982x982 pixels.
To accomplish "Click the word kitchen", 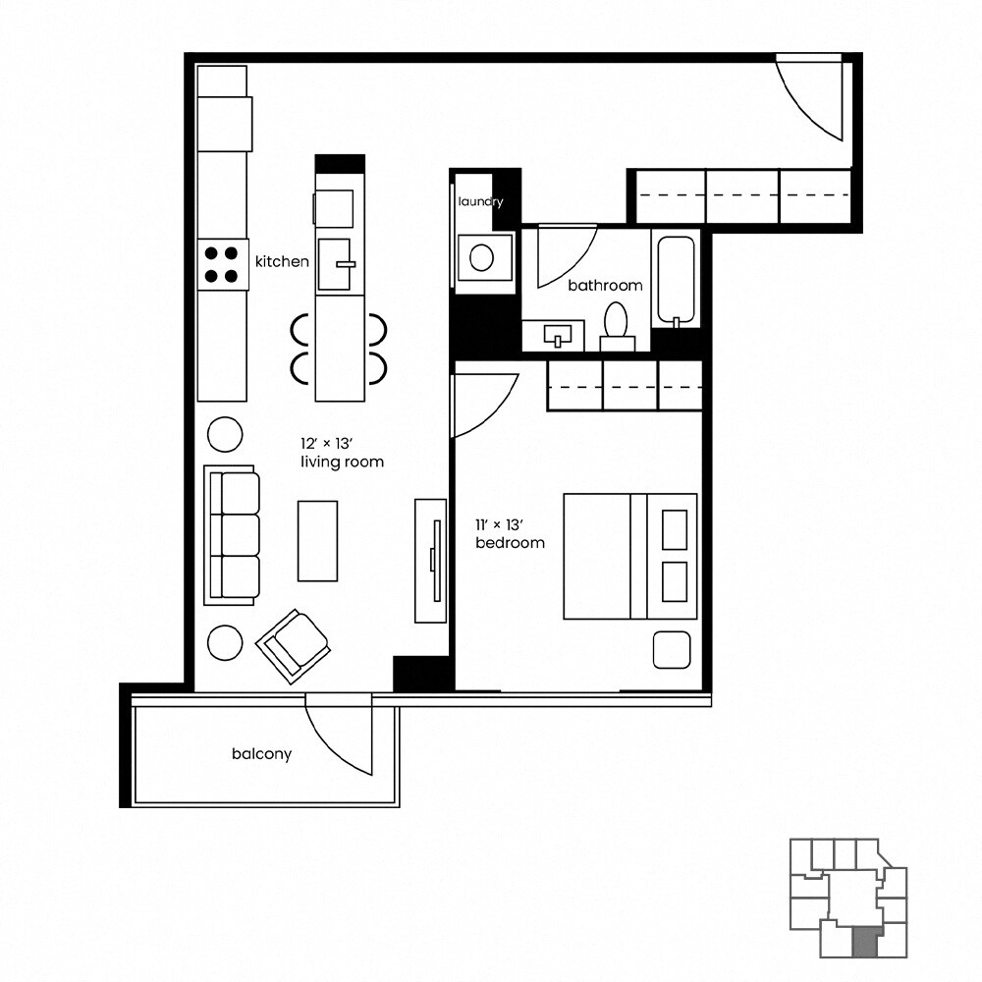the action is (x=282, y=262).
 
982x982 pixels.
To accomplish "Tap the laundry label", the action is (x=480, y=202).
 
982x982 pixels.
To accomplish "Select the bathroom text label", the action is (x=605, y=286).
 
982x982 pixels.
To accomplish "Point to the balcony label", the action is (x=261, y=754).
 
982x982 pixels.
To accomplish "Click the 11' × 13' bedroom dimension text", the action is (x=509, y=534).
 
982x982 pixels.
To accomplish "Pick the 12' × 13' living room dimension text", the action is (x=341, y=453).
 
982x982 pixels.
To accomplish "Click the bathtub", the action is (x=676, y=280).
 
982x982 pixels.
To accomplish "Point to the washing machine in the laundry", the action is (x=482, y=258).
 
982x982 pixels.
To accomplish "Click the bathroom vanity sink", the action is (x=559, y=337).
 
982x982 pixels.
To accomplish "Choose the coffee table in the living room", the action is (x=317, y=540).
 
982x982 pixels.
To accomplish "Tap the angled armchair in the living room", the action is (x=293, y=644).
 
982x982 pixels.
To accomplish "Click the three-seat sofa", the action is (x=233, y=536).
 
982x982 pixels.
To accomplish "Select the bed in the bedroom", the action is (x=628, y=556).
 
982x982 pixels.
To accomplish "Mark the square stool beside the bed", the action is (x=674, y=649).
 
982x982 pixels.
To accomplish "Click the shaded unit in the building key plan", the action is (x=863, y=943).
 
